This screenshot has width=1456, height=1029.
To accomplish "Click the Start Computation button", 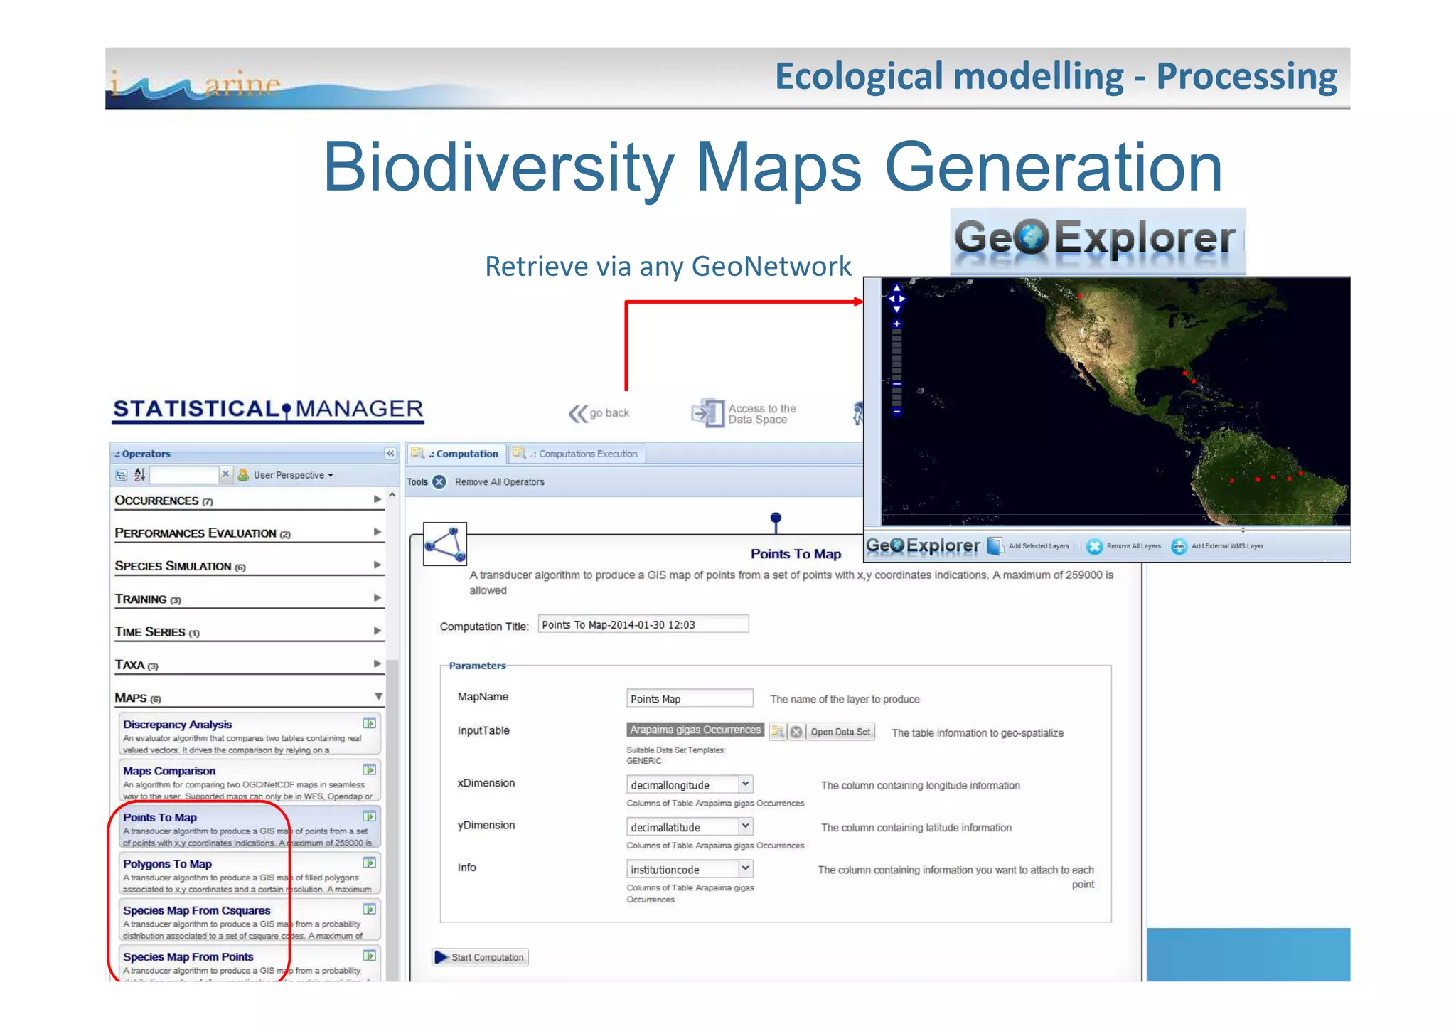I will [481, 957].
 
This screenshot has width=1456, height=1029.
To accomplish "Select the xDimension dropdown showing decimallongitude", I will [689, 784].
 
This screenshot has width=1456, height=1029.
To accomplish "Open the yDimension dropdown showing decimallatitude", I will [689, 827].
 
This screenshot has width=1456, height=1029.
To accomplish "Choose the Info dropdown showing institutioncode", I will [689, 869].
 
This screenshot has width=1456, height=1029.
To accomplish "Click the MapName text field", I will [688, 698].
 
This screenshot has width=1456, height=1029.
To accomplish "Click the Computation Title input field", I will [642, 624].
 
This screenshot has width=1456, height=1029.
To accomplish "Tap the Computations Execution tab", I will [579, 454].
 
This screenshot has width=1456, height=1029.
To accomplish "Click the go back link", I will [601, 413].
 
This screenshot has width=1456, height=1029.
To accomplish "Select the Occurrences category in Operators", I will [158, 501].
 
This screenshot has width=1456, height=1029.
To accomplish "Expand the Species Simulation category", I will [173, 566].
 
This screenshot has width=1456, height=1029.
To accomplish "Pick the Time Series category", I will [151, 631].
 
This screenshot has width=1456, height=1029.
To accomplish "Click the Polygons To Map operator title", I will [167, 864].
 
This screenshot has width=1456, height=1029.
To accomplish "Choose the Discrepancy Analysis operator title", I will [177, 725].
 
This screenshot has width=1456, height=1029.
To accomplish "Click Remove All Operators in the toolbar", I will [499, 482].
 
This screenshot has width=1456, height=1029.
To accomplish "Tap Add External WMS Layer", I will [1226, 546].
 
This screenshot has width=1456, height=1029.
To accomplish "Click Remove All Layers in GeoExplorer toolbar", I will [1133, 546].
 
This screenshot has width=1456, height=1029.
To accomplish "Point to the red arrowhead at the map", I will [857, 302].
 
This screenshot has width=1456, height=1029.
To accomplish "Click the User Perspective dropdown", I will [292, 475].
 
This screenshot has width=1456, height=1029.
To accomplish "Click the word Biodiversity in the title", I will [498, 168].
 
